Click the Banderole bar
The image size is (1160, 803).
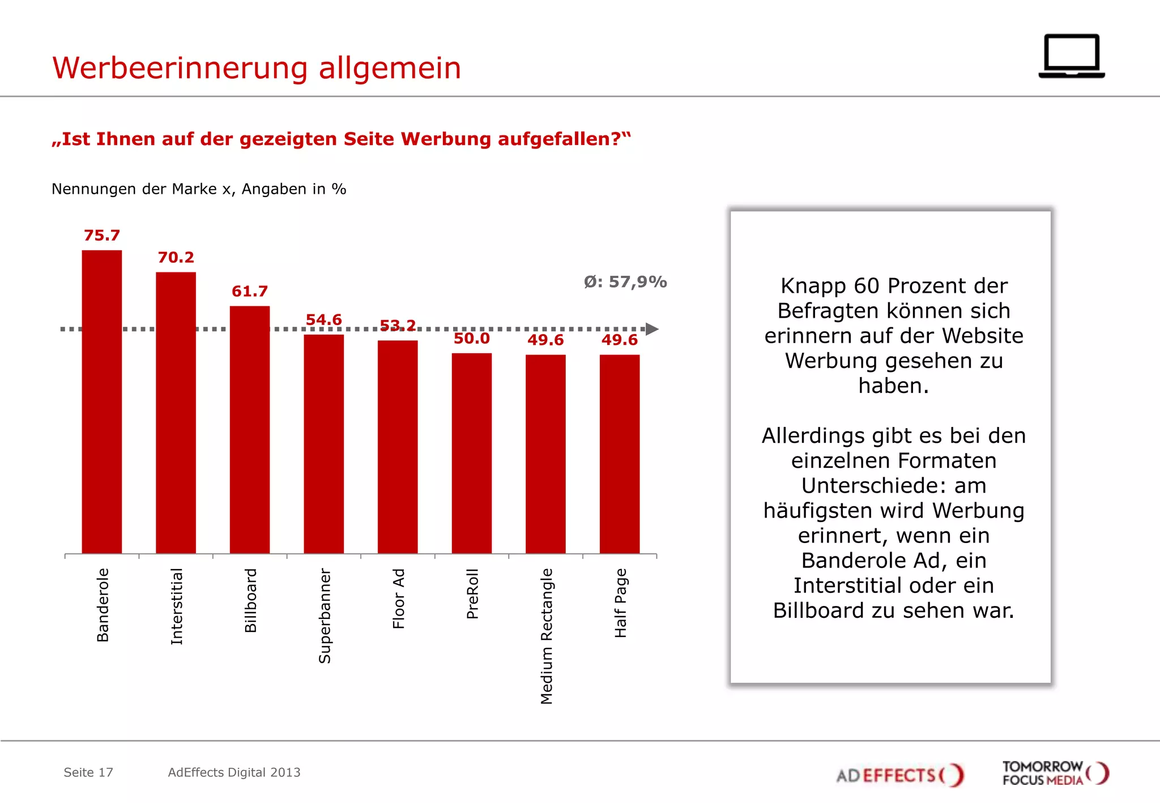102,402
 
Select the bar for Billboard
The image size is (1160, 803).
250,430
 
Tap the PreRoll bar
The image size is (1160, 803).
472,453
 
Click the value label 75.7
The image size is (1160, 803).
102,236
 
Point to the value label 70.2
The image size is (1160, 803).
176,258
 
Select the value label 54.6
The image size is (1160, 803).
323,320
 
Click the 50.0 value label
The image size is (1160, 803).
471,339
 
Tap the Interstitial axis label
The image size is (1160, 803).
177,606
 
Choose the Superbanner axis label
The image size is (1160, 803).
325,616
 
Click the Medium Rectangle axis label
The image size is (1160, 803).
546,636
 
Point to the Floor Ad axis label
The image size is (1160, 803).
399,599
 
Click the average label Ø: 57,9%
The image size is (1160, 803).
625,282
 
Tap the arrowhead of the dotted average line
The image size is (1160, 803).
652,329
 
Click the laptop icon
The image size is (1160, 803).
1072,56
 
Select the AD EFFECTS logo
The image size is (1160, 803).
899,775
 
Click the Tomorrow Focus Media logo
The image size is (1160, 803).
1055,774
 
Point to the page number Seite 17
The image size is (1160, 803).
88,772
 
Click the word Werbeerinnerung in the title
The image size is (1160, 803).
180,68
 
